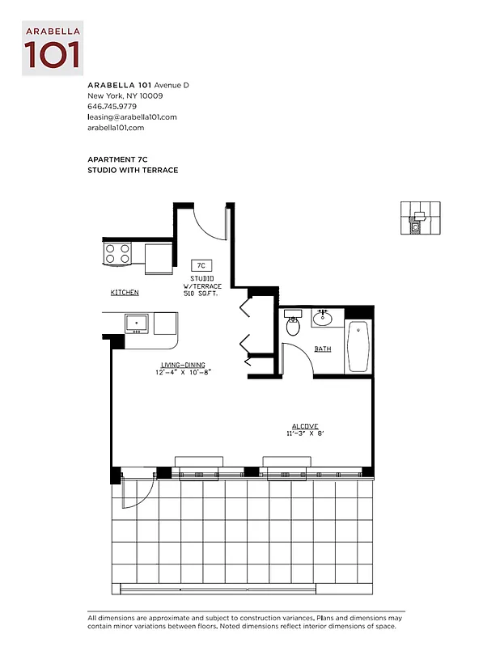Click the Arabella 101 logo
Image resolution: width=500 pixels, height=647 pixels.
tap(53, 49)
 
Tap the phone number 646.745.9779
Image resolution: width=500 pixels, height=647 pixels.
tap(112, 106)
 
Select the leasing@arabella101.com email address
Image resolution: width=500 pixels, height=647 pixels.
tap(131, 116)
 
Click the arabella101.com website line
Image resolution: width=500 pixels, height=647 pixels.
tap(116, 128)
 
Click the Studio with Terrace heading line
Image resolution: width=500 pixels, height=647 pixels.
tap(133, 171)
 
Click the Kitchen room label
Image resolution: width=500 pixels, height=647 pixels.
tap(125, 292)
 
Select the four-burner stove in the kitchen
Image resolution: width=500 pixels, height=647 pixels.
tap(117, 254)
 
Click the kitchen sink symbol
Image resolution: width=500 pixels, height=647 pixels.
tap(137, 323)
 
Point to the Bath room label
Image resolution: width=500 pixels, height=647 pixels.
tap(323, 349)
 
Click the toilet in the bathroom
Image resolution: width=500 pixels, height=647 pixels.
tap(293, 326)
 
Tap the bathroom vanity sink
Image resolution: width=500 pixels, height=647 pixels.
tap(324, 317)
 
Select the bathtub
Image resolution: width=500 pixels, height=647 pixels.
tap(358, 346)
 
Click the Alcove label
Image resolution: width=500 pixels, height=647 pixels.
tap(305, 426)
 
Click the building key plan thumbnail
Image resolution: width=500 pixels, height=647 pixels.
tap(421, 218)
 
